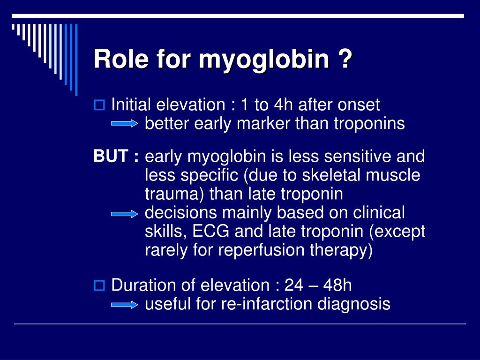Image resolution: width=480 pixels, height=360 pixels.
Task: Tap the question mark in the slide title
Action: point(344,60)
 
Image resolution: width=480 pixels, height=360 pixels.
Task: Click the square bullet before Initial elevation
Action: point(99,105)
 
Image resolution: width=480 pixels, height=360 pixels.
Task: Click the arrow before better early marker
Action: point(125,124)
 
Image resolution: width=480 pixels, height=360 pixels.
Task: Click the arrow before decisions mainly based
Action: point(125,214)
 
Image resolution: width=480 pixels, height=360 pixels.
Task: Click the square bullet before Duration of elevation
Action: point(99,285)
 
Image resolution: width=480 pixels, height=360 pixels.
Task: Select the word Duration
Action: point(142,285)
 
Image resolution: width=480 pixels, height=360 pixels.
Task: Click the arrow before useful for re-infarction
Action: point(125,305)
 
